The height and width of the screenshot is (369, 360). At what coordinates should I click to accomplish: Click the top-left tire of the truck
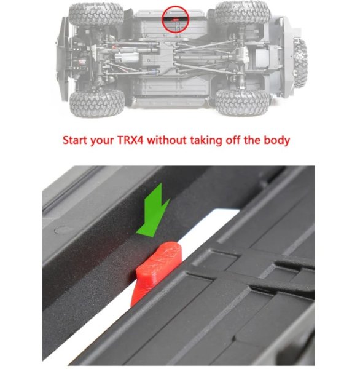pos(96,14)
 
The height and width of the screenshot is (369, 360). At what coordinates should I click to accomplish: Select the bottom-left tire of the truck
pos(97,103)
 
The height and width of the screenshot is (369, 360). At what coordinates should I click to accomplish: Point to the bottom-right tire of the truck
pos(242,101)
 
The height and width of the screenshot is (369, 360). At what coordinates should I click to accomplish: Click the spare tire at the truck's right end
pos(300,63)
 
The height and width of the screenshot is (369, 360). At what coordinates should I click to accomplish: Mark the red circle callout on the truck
pos(176,20)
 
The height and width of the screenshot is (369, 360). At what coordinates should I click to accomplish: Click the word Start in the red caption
pos(75,140)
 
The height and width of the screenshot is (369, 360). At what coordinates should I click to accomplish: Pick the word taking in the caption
pos(206,141)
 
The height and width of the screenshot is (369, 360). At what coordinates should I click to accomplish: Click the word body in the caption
pos(276,141)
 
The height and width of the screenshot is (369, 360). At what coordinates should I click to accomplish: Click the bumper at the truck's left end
pos(63,58)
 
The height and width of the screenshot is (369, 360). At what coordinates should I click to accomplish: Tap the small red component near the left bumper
pos(82,62)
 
